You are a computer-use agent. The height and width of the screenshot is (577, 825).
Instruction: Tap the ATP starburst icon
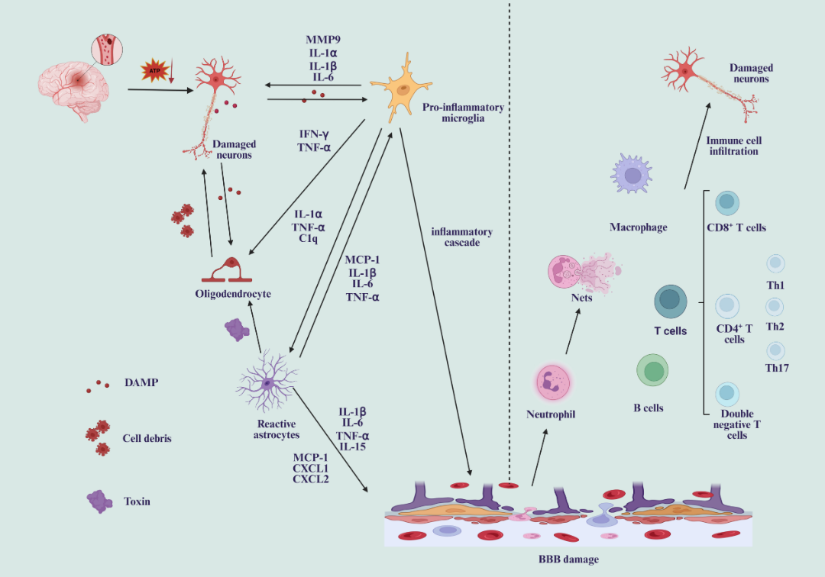(154, 71)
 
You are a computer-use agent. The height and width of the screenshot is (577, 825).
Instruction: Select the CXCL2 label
(311, 479)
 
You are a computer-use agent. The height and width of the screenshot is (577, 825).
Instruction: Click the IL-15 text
(352, 446)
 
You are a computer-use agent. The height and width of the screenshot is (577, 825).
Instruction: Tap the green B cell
(653, 370)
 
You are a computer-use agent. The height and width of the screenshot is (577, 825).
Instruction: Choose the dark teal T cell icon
(671, 301)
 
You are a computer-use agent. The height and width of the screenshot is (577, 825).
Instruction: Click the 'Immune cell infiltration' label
(733, 146)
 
